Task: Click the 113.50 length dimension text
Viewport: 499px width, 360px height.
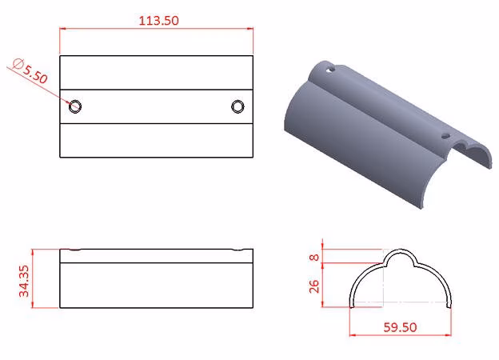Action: click(x=159, y=21)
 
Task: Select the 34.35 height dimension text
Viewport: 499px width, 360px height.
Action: click(x=24, y=281)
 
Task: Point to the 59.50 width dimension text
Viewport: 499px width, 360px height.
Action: click(x=400, y=327)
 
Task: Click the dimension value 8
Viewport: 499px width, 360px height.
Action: click(x=314, y=257)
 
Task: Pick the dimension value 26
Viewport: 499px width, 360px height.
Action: click(x=314, y=286)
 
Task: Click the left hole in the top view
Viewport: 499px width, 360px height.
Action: click(x=75, y=106)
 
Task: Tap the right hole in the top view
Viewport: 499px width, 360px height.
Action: click(x=238, y=106)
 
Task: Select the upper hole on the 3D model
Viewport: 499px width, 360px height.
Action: click(x=331, y=69)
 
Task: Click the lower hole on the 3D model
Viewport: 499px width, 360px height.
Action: click(x=446, y=137)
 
